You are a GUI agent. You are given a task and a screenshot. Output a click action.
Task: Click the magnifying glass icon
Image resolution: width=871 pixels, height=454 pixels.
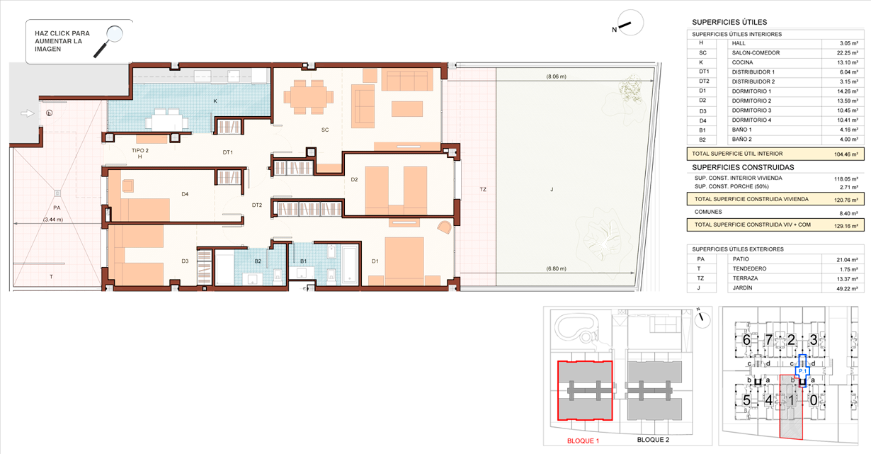click(x=108, y=41)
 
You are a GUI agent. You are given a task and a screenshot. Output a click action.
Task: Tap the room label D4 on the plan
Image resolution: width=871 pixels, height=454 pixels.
click(x=185, y=194)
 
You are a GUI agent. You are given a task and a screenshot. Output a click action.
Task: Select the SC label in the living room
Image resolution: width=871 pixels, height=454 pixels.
click(x=325, y=130)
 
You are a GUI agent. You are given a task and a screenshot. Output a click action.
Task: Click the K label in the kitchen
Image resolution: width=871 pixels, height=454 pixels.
click(x=215, y=101)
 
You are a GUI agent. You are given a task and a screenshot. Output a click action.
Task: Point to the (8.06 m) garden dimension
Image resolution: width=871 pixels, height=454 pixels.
click(x=556, y=76)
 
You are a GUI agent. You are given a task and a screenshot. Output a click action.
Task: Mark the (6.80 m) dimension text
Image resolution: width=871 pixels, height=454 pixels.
click(x=556, y=268)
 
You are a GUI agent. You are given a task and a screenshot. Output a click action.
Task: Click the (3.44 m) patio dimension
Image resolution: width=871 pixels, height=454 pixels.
click(x=53, y=220)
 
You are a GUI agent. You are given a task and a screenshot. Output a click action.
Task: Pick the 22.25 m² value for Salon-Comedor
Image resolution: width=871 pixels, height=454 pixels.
click(x=848, y=53)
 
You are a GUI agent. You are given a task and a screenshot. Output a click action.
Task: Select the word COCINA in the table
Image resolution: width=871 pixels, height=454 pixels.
click(x=742, y=62)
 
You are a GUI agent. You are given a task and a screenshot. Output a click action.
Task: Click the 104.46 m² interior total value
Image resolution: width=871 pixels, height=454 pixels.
click(x=846, y=154)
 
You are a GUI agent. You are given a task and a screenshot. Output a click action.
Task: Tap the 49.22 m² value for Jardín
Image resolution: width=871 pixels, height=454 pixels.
click(x=848, y=289)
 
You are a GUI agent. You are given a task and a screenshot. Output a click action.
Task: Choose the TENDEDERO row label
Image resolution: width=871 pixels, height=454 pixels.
click(x=749, y=269)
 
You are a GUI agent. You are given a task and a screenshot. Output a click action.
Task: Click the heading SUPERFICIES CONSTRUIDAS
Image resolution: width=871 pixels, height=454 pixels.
click(x=743, y=167)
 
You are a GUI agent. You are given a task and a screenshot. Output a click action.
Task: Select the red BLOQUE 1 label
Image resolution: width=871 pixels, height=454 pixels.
click(x=583, y=441)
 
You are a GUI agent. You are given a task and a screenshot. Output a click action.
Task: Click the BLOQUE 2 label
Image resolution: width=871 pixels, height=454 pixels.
click(x=653, y=440)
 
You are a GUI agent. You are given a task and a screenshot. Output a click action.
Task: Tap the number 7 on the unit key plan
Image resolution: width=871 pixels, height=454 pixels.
click(x=769, y=340)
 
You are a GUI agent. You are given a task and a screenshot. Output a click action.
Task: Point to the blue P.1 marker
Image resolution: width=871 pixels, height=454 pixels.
click(x=802, y=371)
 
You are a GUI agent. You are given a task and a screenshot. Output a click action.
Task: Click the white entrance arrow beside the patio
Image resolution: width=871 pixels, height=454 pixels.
click(x=28, y=113)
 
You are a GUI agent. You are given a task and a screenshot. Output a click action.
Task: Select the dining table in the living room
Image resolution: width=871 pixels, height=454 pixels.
click(x=309, y=97)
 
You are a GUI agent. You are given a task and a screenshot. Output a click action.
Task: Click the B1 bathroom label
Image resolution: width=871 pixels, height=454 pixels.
click(x=303, y=261)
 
